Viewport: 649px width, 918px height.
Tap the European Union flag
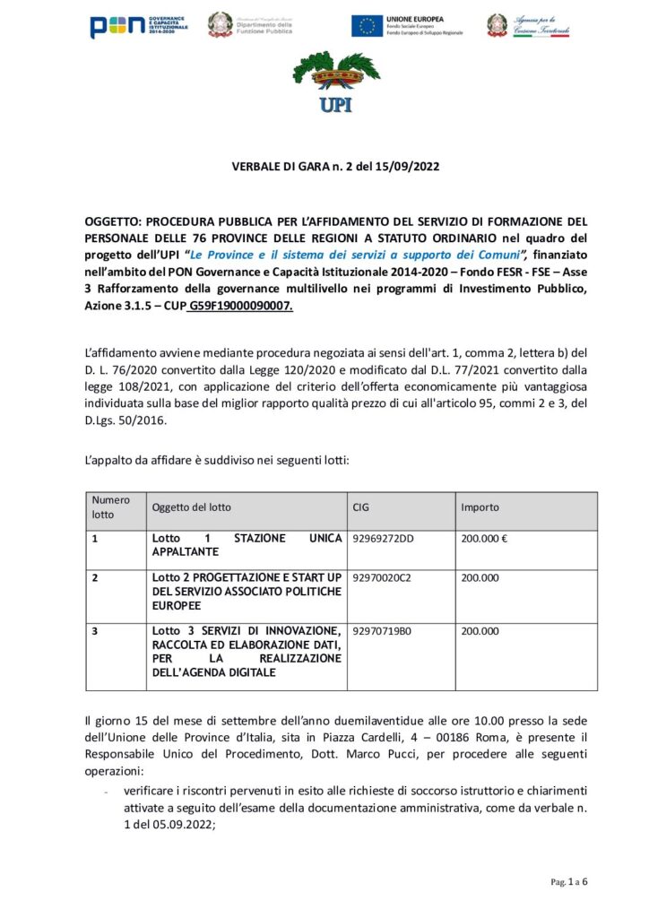pyautogui.click(x=366, y=26)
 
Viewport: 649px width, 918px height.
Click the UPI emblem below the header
pyautogui.click(x=324, y=83)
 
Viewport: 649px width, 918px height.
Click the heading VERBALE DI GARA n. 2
pyautogui.click(x=324, y=167)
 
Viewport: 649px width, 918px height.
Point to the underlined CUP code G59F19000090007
pyautogui.click(x=240, y=306)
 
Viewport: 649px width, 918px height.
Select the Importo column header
pyautogui.click(x=480, y=507)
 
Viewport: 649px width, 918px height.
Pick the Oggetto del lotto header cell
pyautogui.click(x=191, y=507)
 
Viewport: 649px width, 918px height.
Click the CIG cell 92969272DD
pyautogui.click(x=385, y=539)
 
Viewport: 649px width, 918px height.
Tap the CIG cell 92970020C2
pyautogui.click(x=383, y=578)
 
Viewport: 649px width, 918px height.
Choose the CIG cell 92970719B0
pyautogui.click(x=383, y=632)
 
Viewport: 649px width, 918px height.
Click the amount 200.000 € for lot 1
pyautogui.click(x=485, y=539)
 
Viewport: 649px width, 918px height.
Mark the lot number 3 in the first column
pyautogui.click(x=95, y=632)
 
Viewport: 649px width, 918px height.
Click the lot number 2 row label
pyautogui.click(x=95, y=578)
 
